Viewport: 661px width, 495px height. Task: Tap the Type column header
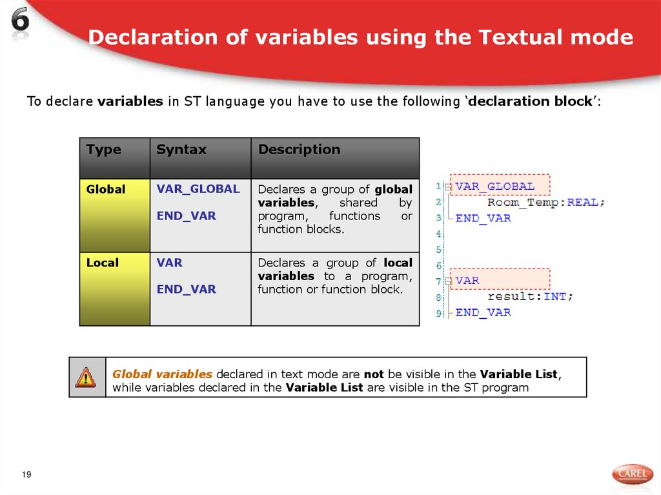[x=103, y=150]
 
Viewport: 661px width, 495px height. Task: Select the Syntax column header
[x=181, y=150]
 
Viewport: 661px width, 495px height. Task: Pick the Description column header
[x=299, y=150]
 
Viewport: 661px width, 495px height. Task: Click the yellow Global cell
[x=114, y=215]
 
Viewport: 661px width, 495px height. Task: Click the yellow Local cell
[x=114, y=288]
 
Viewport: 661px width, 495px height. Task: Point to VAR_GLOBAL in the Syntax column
[x=198, y=189]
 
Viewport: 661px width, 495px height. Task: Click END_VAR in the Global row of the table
[x=186, y=216]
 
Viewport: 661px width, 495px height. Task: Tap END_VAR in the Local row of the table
[x=186, y=289]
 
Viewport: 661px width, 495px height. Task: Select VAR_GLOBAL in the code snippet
[x=495, y=187]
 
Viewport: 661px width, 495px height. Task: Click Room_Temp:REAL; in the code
[x=546, y=202]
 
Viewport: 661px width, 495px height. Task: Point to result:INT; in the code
[x=530, y=296]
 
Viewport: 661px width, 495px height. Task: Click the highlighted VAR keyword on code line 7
[x=467, y=281]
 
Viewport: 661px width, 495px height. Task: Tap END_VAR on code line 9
[x=483, y=312]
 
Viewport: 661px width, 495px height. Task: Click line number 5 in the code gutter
[x=439, y=249]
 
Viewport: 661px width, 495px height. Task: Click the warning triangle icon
[x=85, y=377]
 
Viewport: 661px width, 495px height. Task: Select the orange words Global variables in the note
[x=162, y=374]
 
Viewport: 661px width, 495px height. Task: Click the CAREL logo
[x=632, y=474]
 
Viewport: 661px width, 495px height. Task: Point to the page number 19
[x=26, y=475]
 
